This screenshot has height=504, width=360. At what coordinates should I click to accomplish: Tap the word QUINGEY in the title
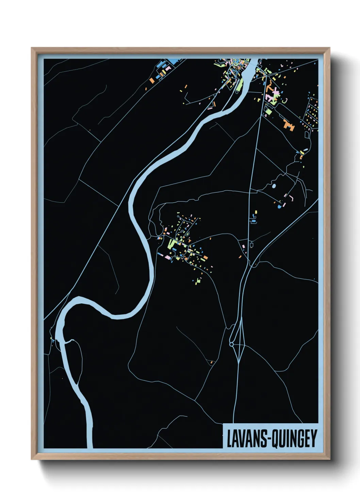coord(295,439)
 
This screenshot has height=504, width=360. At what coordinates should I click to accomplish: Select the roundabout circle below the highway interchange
coord(232,345)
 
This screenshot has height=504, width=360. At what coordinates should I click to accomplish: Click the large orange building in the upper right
coord(288,124)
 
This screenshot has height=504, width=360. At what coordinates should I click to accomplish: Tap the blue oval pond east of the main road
coord(274,186)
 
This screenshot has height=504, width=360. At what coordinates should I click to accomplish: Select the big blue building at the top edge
coord(174,62)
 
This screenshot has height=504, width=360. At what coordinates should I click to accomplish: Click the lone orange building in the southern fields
coord(211,362)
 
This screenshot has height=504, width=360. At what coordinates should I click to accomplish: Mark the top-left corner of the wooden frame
coord(32,48)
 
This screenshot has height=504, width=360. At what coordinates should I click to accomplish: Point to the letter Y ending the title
coord(313,439)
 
